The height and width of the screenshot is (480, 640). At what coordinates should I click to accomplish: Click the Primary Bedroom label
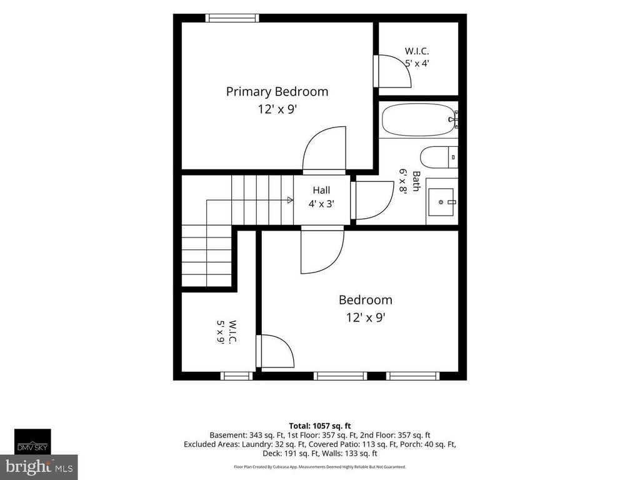[x=277, y=91]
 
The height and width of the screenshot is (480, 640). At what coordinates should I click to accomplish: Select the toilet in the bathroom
[x=439, y=157]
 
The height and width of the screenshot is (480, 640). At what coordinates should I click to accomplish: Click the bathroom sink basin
[x=441, y=202]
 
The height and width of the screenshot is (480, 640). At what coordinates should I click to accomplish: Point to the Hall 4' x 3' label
[x=322, y=197]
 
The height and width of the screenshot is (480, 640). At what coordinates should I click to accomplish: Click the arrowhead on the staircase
[x=290, y=200]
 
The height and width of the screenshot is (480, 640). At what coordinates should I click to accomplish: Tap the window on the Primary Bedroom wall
[x=232, y=18]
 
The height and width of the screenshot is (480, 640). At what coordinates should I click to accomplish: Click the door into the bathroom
[x=372, y=201]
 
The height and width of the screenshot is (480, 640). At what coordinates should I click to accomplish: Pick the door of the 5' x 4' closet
[x=392, y=71]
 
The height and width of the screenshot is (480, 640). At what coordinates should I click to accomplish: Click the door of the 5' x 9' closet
[x=275, y=351]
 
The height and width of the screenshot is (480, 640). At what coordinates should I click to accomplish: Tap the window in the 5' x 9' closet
[x=237, y=376]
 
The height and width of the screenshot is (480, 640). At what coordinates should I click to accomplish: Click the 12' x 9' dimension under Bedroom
[x=366, y=317]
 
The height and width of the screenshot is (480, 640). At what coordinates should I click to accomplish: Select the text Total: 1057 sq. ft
[x=320, y=426]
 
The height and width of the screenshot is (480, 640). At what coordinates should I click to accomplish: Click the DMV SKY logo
[x=32, y=442]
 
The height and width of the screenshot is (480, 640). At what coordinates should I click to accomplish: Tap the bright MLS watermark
[x=39, y=467]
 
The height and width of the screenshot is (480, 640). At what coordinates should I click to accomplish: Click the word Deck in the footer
[x=271, y=454]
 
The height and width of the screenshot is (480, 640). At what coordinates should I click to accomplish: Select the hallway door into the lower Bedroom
[x=322, y=251]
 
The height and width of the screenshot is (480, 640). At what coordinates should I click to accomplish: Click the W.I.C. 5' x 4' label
[x=417, y=57]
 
